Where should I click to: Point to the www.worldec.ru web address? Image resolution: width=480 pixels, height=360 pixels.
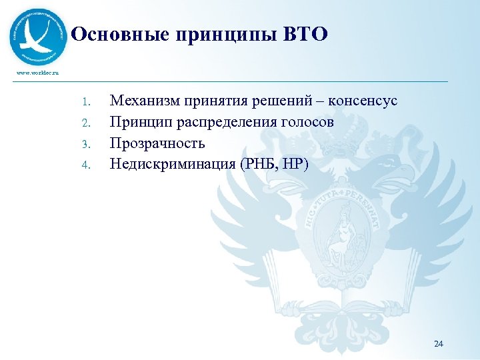(33, 72)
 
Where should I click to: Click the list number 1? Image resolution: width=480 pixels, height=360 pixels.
(85, 102)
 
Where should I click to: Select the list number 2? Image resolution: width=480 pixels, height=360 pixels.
(85, 123)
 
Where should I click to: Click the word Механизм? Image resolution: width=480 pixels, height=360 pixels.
(140, 101)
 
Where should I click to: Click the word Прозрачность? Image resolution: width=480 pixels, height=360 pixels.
(157, 143)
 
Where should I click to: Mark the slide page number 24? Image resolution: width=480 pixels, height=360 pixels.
(438, 343)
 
